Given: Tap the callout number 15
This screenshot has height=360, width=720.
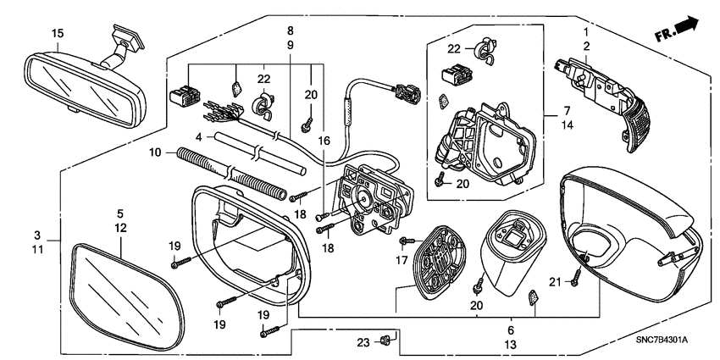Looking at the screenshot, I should point(58,33).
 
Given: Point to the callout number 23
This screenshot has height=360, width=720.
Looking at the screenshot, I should point(363,342).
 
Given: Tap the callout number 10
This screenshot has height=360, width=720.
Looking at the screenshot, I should point(155,152).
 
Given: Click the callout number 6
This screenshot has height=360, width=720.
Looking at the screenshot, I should point(511,330).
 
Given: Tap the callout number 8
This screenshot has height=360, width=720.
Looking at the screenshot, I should point(290,30).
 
